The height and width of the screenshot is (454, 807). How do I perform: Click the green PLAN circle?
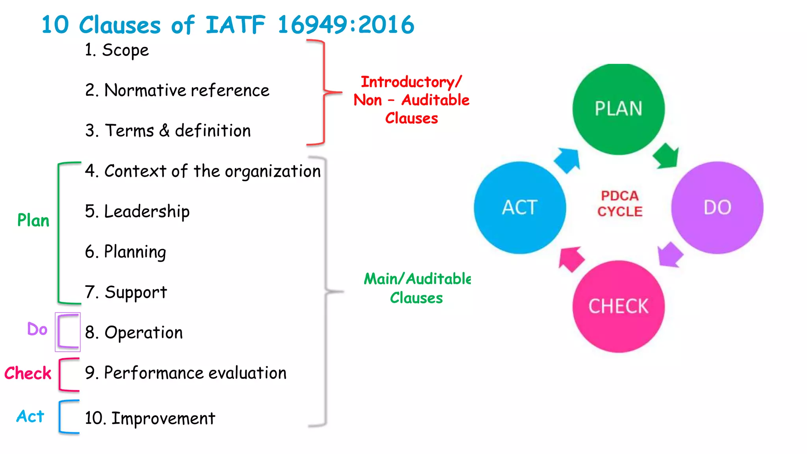[618, 109]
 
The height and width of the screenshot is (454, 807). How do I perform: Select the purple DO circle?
[717, 208]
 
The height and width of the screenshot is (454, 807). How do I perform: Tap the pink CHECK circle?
[618, 307]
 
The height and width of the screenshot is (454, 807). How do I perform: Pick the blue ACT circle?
[520, 208]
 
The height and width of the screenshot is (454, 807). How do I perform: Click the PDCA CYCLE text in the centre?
[619, 204]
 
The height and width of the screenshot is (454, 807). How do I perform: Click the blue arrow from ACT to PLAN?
[568, 160]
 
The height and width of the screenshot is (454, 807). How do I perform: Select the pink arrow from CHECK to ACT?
[571, 259]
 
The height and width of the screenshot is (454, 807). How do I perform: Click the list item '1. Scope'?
[117, 50]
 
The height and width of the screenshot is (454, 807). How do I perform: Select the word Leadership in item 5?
[147, 212]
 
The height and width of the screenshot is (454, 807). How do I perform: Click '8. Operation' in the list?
[134, 333]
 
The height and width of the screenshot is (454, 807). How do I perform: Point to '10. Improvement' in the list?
[150, 418]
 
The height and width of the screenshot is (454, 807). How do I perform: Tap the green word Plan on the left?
[33, 220]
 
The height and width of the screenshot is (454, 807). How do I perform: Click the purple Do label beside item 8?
[37, 329]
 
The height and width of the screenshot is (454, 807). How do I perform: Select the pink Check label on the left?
[28, 373]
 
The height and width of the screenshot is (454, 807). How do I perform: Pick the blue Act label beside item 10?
[30, 416]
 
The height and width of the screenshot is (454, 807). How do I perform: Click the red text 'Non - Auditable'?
[411, 100]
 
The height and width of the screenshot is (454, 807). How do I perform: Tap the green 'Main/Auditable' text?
[417, 279]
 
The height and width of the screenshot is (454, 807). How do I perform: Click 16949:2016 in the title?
[346, 24]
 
